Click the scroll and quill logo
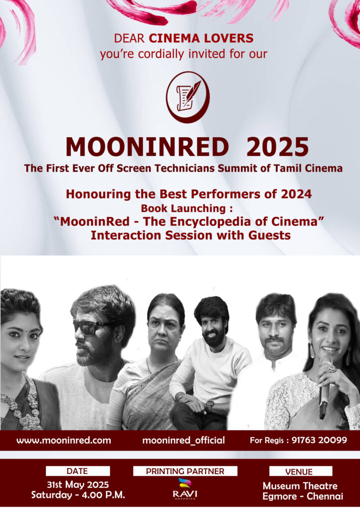[x=187, y=97]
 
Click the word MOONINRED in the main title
[x=147, y=147]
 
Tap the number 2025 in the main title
[x=278, y=147]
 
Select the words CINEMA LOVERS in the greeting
[x=201, y=38]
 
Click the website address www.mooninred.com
[x=64, y=441]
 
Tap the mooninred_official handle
[x=183, y=441]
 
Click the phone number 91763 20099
[x=319, y=440]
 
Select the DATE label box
[x=77, y=471]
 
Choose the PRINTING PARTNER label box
[x=185, y=471]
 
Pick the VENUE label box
[x=301, y=472]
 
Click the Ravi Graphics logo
[x=185, y=489]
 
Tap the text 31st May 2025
[x=78, y=485]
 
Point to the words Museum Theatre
[x=300, y=486]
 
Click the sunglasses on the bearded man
[x=91, y=327]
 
